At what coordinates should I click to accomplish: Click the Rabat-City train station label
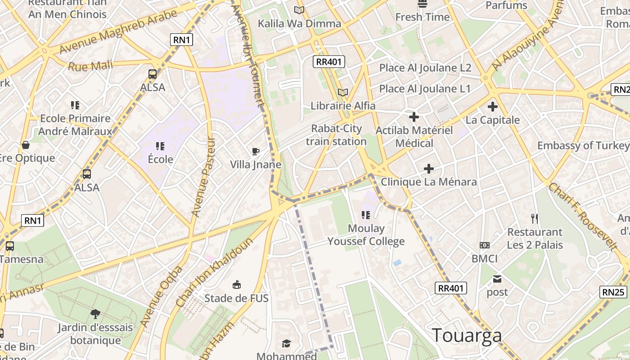336,135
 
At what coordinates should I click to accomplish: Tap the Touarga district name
467,336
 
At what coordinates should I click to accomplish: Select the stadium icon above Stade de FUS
236,284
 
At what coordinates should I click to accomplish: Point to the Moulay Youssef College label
366,235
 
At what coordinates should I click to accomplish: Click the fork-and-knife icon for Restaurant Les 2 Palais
535,219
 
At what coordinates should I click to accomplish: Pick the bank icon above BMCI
485,245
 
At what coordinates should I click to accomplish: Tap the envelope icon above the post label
497,279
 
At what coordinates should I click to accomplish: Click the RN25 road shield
613,292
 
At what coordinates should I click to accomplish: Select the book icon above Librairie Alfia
343,92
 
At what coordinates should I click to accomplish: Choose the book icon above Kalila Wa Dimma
299,10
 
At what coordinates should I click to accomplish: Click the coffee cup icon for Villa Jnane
256,151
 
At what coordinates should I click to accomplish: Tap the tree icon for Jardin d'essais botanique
95,314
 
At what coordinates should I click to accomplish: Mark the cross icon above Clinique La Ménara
429,169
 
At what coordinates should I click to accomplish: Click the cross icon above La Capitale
493,107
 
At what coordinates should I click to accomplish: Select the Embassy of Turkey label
583,145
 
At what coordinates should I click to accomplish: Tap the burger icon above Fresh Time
423,4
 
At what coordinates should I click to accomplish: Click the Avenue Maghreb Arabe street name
118,31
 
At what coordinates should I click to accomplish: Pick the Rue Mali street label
90,66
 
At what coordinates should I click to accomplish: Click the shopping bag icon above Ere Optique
26,145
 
